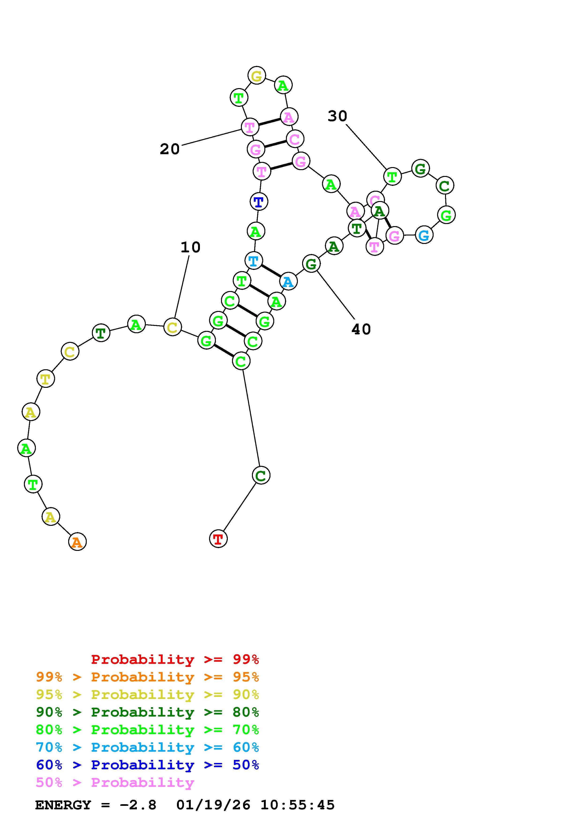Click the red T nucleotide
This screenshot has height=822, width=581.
218,538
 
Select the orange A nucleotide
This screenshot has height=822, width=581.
77,542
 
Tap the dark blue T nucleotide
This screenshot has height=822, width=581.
259,202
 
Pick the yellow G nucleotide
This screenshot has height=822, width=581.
257,75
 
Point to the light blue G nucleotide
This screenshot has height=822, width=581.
424,235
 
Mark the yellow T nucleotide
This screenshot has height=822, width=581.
45,378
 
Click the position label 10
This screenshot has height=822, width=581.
191,247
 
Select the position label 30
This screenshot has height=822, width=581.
337,116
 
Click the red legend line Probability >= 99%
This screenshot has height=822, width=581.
175,659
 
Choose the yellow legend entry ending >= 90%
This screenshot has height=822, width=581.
147,695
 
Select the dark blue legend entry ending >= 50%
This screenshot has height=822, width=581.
147,765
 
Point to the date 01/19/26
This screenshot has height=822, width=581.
213,805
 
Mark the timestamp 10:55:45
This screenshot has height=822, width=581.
297,805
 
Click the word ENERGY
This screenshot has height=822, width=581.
63,805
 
